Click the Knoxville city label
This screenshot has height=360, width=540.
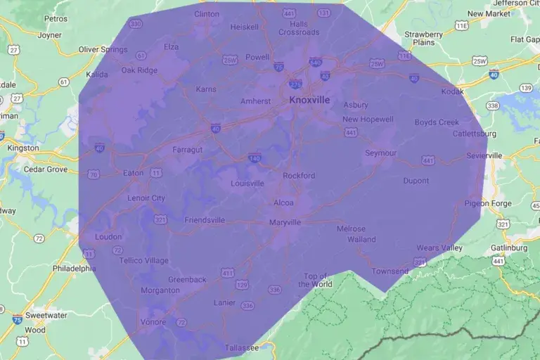309,101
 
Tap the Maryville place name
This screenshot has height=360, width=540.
285,222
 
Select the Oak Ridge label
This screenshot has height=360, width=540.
139,70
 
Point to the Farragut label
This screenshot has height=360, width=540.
188,150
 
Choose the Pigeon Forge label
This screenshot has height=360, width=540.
487,203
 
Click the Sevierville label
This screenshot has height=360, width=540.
484,155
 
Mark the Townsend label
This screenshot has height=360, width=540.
390,271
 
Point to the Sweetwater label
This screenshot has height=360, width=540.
45,316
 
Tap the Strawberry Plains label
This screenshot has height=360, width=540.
423,38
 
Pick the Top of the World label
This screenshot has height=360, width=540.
315,280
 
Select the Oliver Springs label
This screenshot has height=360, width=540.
103,50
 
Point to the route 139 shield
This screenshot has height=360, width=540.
526,87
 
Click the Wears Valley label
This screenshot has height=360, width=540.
439,248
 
